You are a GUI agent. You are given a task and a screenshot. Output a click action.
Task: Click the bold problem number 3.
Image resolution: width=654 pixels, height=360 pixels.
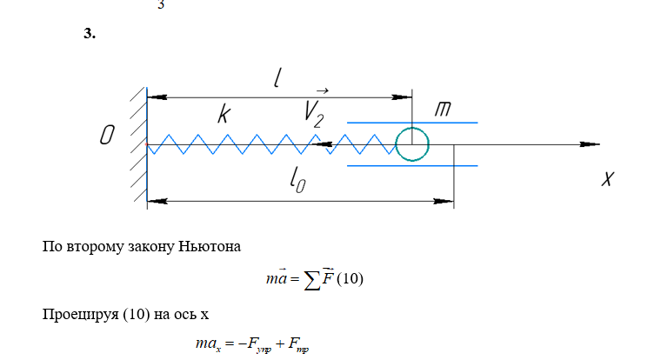89,34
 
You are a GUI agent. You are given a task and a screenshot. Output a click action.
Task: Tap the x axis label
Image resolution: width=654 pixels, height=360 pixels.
608,178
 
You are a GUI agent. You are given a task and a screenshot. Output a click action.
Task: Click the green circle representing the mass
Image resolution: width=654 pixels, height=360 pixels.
412,143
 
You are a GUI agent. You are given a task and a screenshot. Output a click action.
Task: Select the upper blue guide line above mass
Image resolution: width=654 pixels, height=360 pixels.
412,123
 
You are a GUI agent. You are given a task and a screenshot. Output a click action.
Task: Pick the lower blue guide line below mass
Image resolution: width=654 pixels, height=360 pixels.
412,164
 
